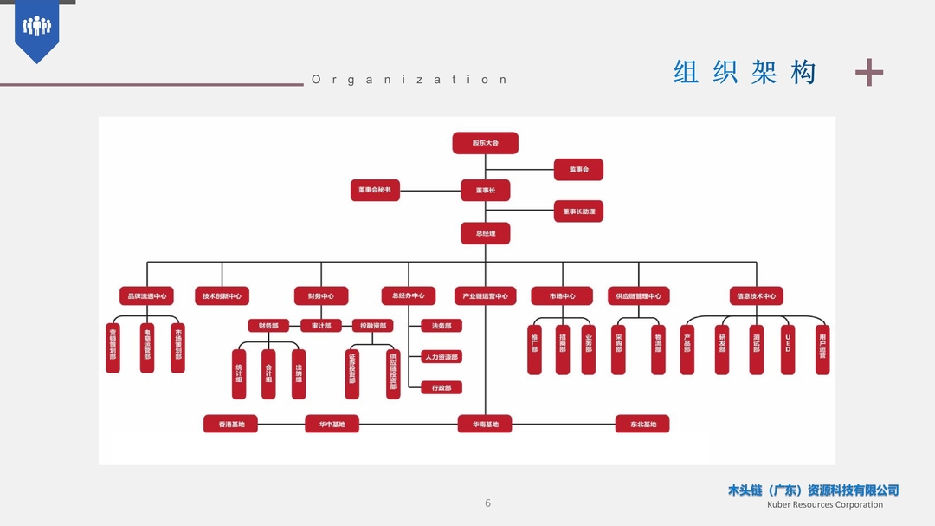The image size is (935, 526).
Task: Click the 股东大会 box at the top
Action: click(x=485, y=143)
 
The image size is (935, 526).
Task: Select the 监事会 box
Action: click(x=578, y=170)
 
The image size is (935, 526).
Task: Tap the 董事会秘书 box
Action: click(x=375, y=190)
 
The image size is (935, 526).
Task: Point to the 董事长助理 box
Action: click(x=578, y=211)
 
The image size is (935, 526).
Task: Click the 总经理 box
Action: click(x=485, y=233)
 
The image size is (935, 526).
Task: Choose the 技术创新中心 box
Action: click(x=222, y=295)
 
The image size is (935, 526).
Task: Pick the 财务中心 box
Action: click(x=321, y=295)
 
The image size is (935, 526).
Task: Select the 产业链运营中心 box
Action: click(x=485, y=295)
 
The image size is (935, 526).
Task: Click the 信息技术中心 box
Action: click(x=756, y=295)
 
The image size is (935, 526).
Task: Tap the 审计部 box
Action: click(x=321, y=326)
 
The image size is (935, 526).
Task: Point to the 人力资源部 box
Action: click(x=442, y=356)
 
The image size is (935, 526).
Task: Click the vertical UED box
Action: click(x=788, y=349)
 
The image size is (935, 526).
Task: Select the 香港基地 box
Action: click(x=231, y=425)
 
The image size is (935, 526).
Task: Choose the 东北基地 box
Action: click(x=642, y=425)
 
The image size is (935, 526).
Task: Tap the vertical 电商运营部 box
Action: click(x=147, y=348)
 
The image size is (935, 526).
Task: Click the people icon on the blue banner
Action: click(x=36, y=26)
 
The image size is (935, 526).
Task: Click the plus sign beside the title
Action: click(x=868, y=73)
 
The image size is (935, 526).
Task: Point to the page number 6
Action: click(x=487, y=503)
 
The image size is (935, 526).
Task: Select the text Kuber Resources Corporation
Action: click(x=825, y=504)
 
